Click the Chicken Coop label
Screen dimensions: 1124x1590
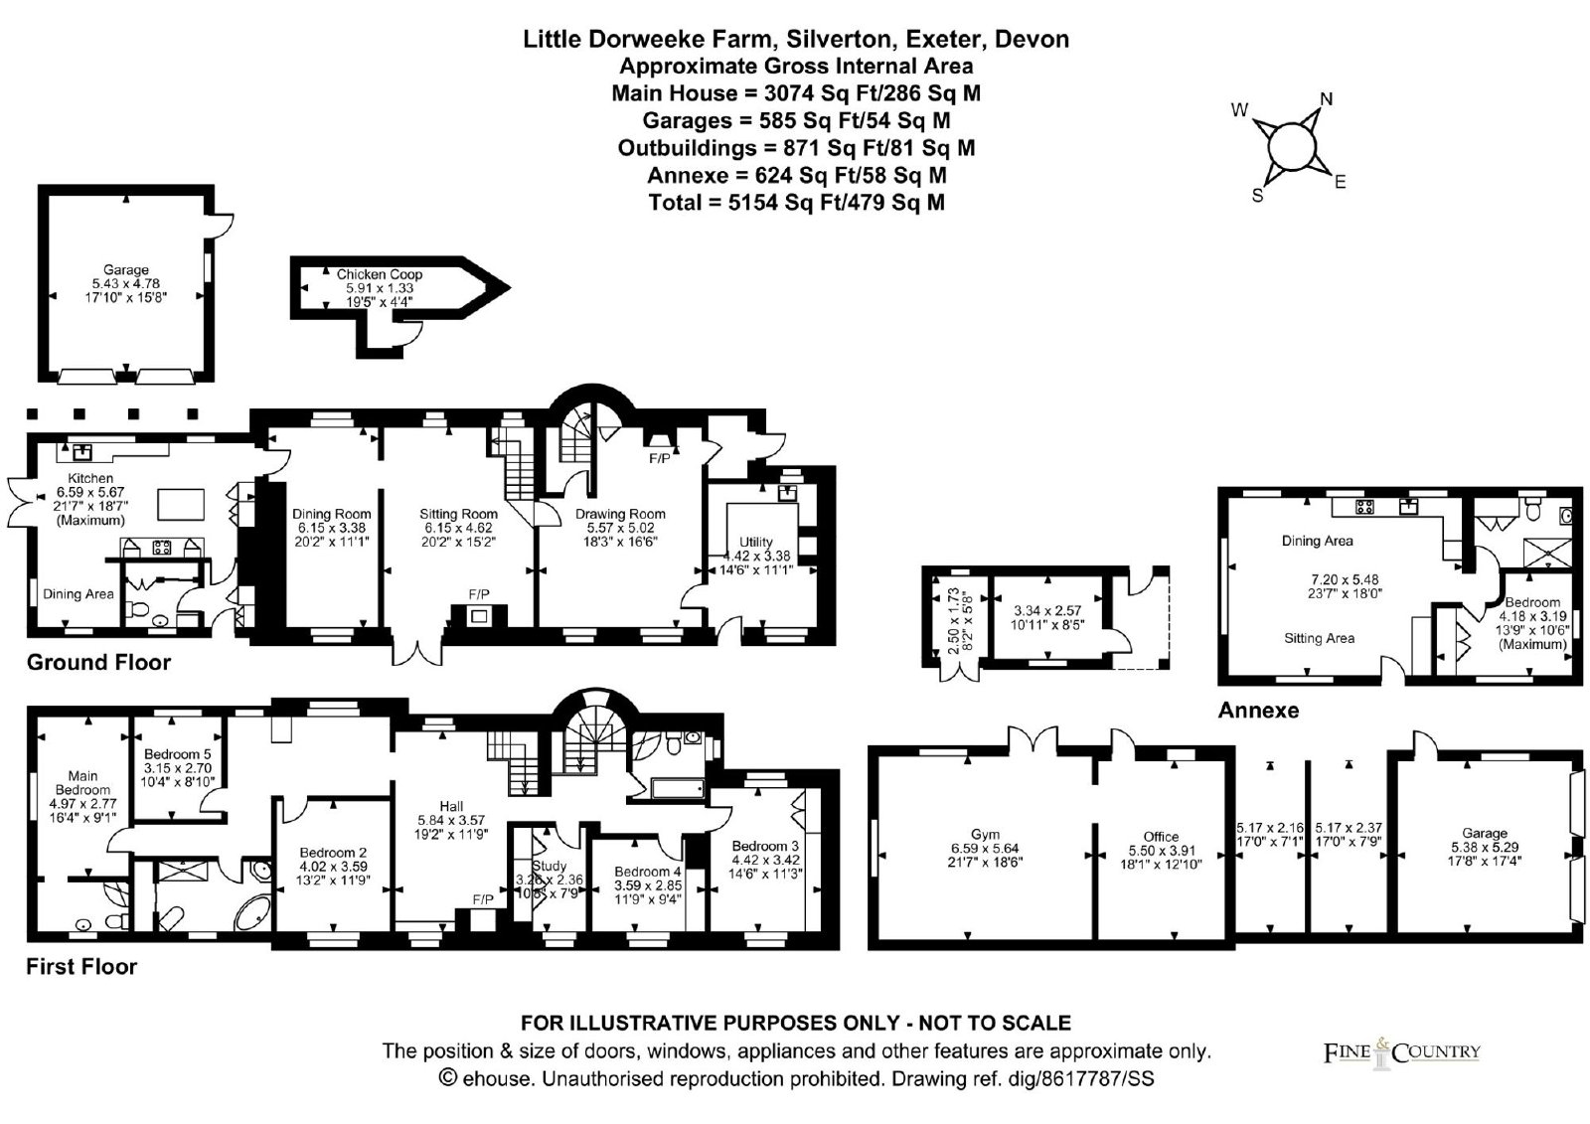click(379, 274)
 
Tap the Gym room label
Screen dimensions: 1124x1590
click(985, 834)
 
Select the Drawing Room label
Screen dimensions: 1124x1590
click(620, 514)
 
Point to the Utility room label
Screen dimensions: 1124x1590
click(756, 542)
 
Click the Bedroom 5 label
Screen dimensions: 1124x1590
click(177, 754)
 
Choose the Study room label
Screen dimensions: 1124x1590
click(549, 866)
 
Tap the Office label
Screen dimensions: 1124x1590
click(1161, 836)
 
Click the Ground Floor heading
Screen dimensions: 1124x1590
click(98, 663)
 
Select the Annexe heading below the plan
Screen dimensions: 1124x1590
click(1258, 711)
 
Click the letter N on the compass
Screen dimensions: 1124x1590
click(1326, 98)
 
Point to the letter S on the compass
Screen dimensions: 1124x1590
click(1257, 196)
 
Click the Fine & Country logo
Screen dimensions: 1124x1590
click(1401, 1052)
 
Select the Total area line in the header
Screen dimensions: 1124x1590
click(796, 203)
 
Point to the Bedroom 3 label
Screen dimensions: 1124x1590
click(765, 846)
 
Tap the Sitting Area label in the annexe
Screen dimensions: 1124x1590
click(1319, 638)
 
